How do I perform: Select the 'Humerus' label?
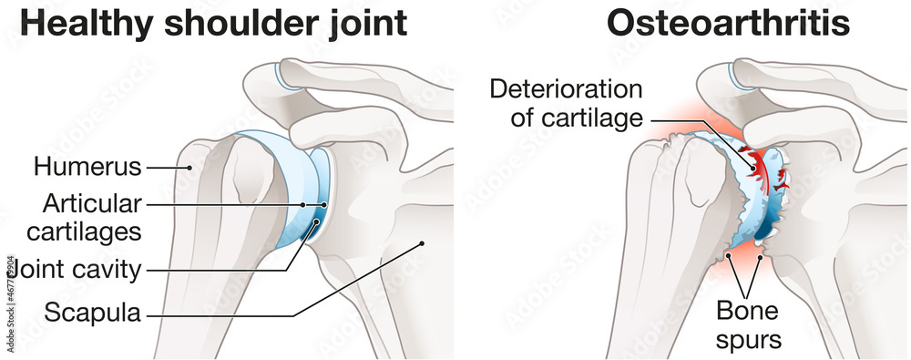pos(88,167)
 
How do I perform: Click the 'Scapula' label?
pos(93,314)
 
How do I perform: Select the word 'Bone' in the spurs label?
pos(747,311)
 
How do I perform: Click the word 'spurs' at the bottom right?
pos(748,339)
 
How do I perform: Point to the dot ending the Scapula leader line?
pos(422,242)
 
